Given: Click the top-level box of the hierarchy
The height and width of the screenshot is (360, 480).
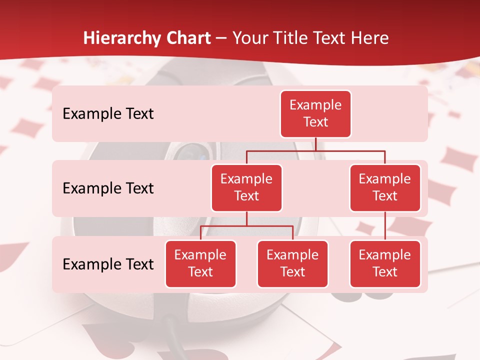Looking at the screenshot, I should pos(315,114).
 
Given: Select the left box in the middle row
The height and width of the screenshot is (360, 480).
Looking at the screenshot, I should pos(246,188).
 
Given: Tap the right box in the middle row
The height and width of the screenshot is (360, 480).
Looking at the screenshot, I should pos(385,188).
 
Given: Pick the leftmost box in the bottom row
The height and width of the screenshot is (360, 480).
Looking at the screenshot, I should pos(200,264).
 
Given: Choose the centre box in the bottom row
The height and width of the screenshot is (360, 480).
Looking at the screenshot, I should pos(292,264).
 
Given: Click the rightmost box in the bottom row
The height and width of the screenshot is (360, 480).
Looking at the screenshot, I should pos(385,264).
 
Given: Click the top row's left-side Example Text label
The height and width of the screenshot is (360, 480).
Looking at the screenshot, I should pos(108,114).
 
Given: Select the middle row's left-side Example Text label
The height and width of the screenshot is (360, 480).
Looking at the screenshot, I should pos(108,188).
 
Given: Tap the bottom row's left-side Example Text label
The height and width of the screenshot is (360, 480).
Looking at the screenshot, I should pos(108,264).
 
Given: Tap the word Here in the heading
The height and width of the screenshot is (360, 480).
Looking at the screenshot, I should pos(370,38).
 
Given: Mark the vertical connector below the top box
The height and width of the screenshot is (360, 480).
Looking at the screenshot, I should pos(316,144).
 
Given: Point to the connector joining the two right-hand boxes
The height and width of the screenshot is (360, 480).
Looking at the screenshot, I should pos(385,225).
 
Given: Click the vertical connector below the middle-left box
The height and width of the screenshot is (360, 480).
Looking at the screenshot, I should pos(246,218).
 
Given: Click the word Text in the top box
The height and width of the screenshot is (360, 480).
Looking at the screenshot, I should pos(315,122).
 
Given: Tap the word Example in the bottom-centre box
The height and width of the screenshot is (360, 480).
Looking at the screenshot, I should pos(292,255).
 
